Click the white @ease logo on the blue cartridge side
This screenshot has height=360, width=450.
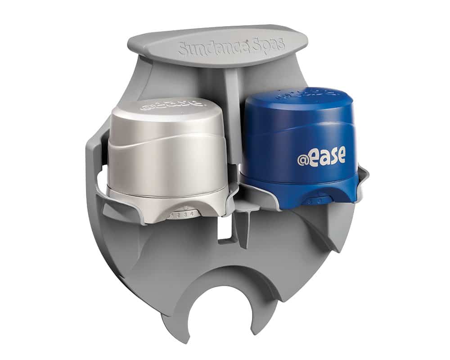point(321,156)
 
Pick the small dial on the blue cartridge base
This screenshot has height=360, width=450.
point(317,199)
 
